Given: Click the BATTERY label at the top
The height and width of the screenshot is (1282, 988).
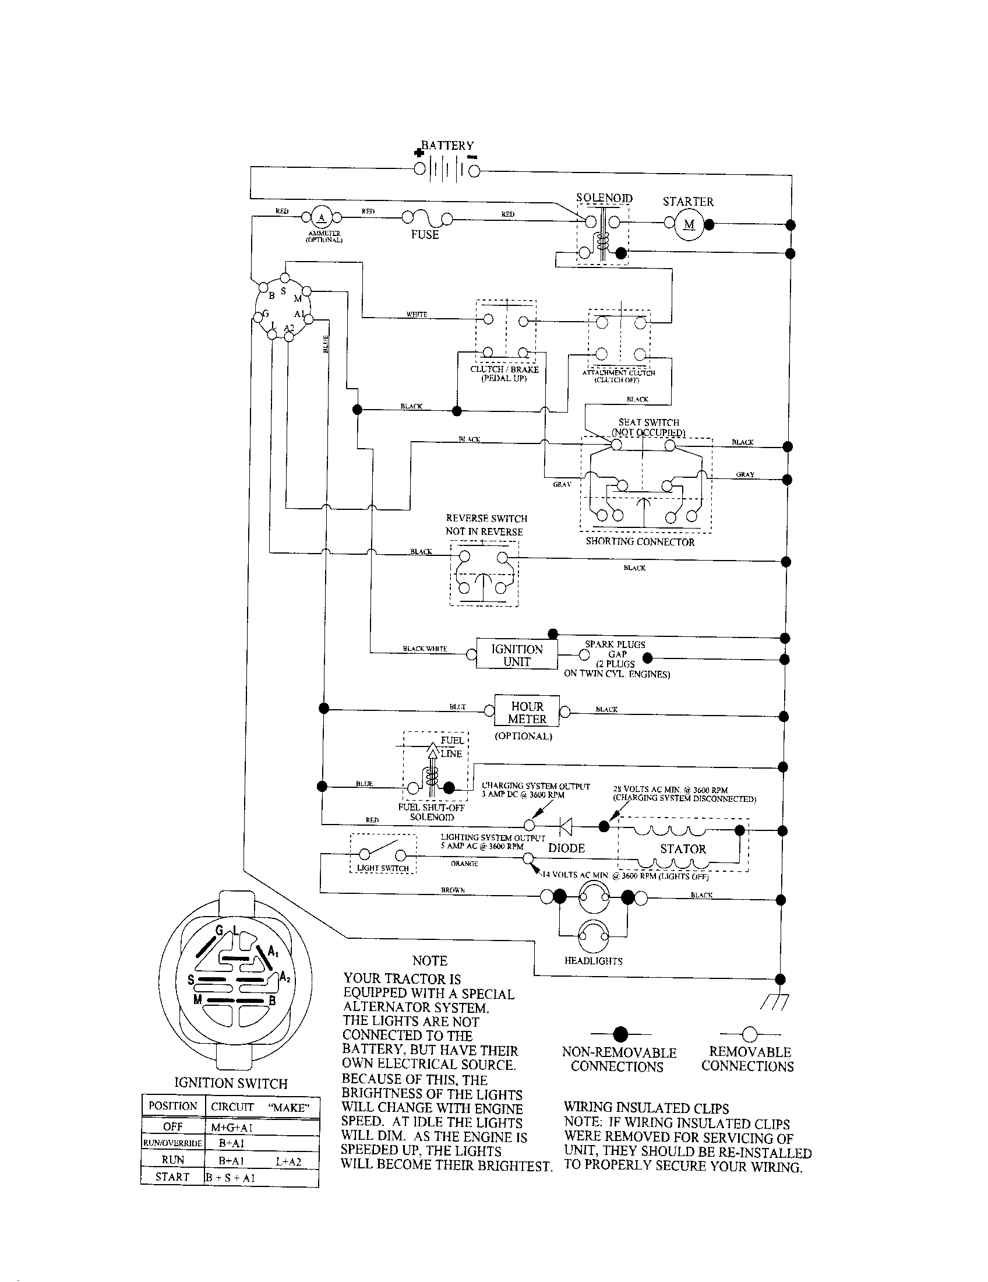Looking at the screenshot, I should tap(447, 145).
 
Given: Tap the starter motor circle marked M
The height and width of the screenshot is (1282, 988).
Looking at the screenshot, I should tap(689, 224).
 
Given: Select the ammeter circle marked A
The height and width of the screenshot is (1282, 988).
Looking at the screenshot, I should tap(321, 218).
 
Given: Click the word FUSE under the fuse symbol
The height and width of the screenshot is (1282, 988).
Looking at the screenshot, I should tap(425, 235).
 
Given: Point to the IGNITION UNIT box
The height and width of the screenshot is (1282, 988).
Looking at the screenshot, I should tap(517, 655).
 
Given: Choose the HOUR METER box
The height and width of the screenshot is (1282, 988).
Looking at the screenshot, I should tap(527, 713).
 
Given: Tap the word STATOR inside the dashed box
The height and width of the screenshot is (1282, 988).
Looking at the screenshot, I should tap(683, 849).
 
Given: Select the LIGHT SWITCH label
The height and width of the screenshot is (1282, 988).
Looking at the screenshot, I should tap(383, 868).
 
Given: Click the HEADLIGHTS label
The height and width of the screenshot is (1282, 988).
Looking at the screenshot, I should tap(593, 961).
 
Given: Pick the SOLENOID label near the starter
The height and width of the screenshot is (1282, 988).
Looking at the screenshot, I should tap(604, 198).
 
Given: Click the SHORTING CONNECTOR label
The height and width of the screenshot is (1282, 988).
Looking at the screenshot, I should tap(640, 542).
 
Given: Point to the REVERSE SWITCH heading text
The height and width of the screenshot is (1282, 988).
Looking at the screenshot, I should tap(486, 518).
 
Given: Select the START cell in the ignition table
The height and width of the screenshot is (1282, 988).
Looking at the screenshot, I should tap(172, 1177).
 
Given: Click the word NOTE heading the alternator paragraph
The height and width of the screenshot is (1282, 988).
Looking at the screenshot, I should tap(429, 961).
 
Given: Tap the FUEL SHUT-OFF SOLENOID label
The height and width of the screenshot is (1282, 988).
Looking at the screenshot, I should tap(431, 812).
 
